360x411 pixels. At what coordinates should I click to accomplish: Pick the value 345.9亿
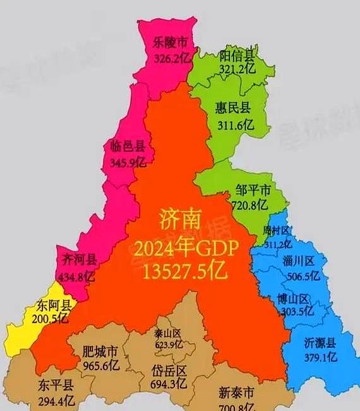pos(128,162)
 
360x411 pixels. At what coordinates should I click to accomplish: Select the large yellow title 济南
pos(181,221)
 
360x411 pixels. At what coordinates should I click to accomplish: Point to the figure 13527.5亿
pos(184,271)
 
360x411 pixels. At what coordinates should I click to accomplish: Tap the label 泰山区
pos(167,333)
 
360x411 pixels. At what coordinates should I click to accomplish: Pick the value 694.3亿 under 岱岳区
pos(169,383)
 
